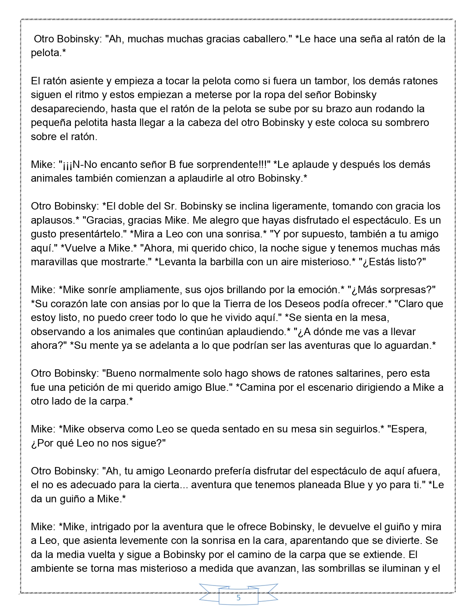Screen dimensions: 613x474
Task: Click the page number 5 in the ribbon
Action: (x=238, y=598)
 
